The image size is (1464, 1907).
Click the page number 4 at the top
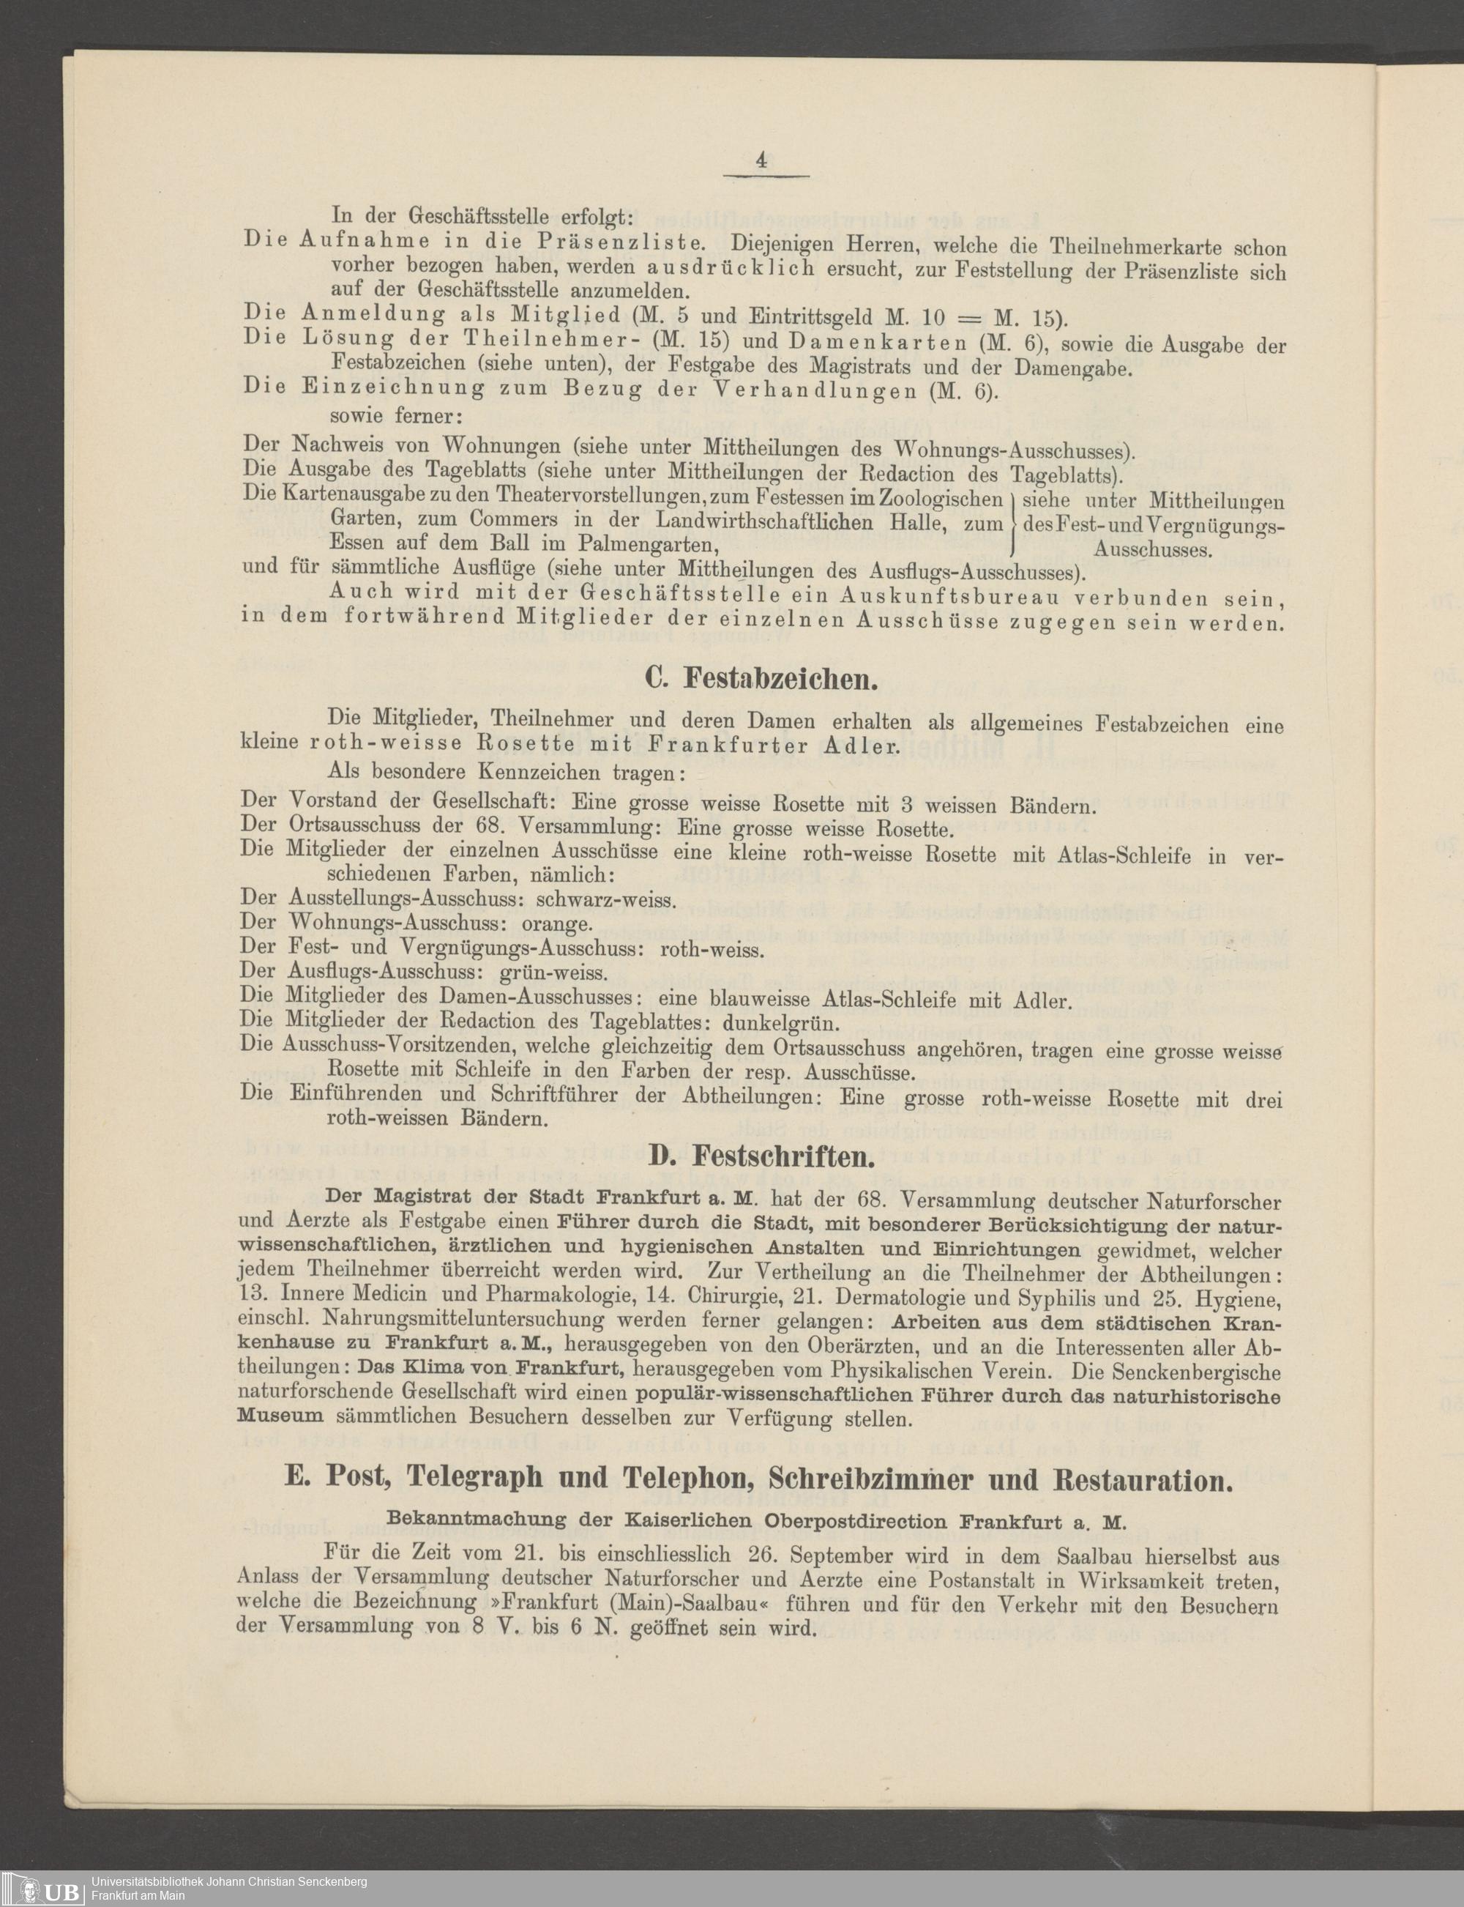point(761,160)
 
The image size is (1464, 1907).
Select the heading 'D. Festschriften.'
point(761,1157)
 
